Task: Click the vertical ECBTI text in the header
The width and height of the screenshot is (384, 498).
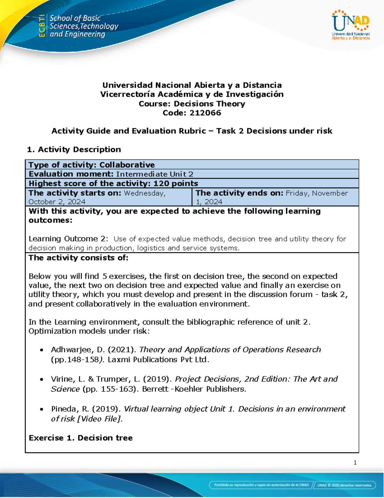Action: (42, 26)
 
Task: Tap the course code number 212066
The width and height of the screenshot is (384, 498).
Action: (205, 113)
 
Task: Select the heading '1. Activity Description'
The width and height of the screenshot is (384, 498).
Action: (74, 149)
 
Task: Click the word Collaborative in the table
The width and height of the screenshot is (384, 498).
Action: (127, 165)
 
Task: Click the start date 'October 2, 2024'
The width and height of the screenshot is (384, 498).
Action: (57, 202)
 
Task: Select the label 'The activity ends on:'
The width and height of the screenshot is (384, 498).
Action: (239, 193)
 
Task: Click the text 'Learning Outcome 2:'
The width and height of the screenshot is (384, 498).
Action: (68, 239)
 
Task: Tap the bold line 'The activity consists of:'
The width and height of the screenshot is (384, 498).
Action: (78, 258)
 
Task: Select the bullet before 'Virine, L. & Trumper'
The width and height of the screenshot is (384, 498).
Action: (42, 379)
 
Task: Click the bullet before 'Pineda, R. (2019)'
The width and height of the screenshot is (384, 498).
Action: (42, 409)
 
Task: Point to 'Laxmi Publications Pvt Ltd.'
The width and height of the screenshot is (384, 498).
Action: (158, 359)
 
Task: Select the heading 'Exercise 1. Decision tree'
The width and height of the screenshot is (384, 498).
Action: (81, 438)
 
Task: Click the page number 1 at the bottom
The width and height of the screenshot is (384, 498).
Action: (355, 462)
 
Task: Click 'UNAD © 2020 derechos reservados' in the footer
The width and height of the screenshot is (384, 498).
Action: (344, 485)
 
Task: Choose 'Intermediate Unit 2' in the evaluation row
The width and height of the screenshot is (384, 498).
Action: (155, 174)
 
